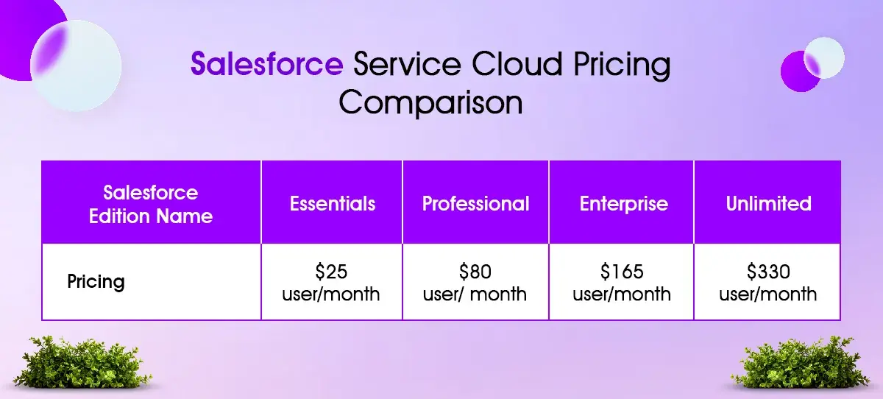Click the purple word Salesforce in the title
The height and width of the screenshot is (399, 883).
tap(267, 63)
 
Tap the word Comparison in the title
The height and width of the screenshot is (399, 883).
tap(430, 102)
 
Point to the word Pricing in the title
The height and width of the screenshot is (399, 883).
tap(622, 66)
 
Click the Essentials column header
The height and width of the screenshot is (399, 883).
tap(333, 204)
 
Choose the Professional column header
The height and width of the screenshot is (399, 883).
tap(475, 204)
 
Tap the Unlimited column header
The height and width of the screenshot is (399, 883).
tap(768, 204)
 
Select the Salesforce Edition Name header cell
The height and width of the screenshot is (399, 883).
tap(151, 204)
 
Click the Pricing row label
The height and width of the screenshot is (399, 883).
tap(96, 282)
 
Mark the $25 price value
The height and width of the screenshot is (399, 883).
tap(331, 272)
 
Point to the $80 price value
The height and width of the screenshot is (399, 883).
tap(475, 272)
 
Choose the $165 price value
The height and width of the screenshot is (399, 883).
tap(622, 272)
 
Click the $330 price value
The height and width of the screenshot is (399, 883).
tap(768, 272)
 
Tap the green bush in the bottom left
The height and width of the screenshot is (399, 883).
tap(82, 362)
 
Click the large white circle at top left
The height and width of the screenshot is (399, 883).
tap(76, 66)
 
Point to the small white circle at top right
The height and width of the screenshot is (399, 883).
tap(824, 57)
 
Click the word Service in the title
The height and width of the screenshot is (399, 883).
tap(407, 63)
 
